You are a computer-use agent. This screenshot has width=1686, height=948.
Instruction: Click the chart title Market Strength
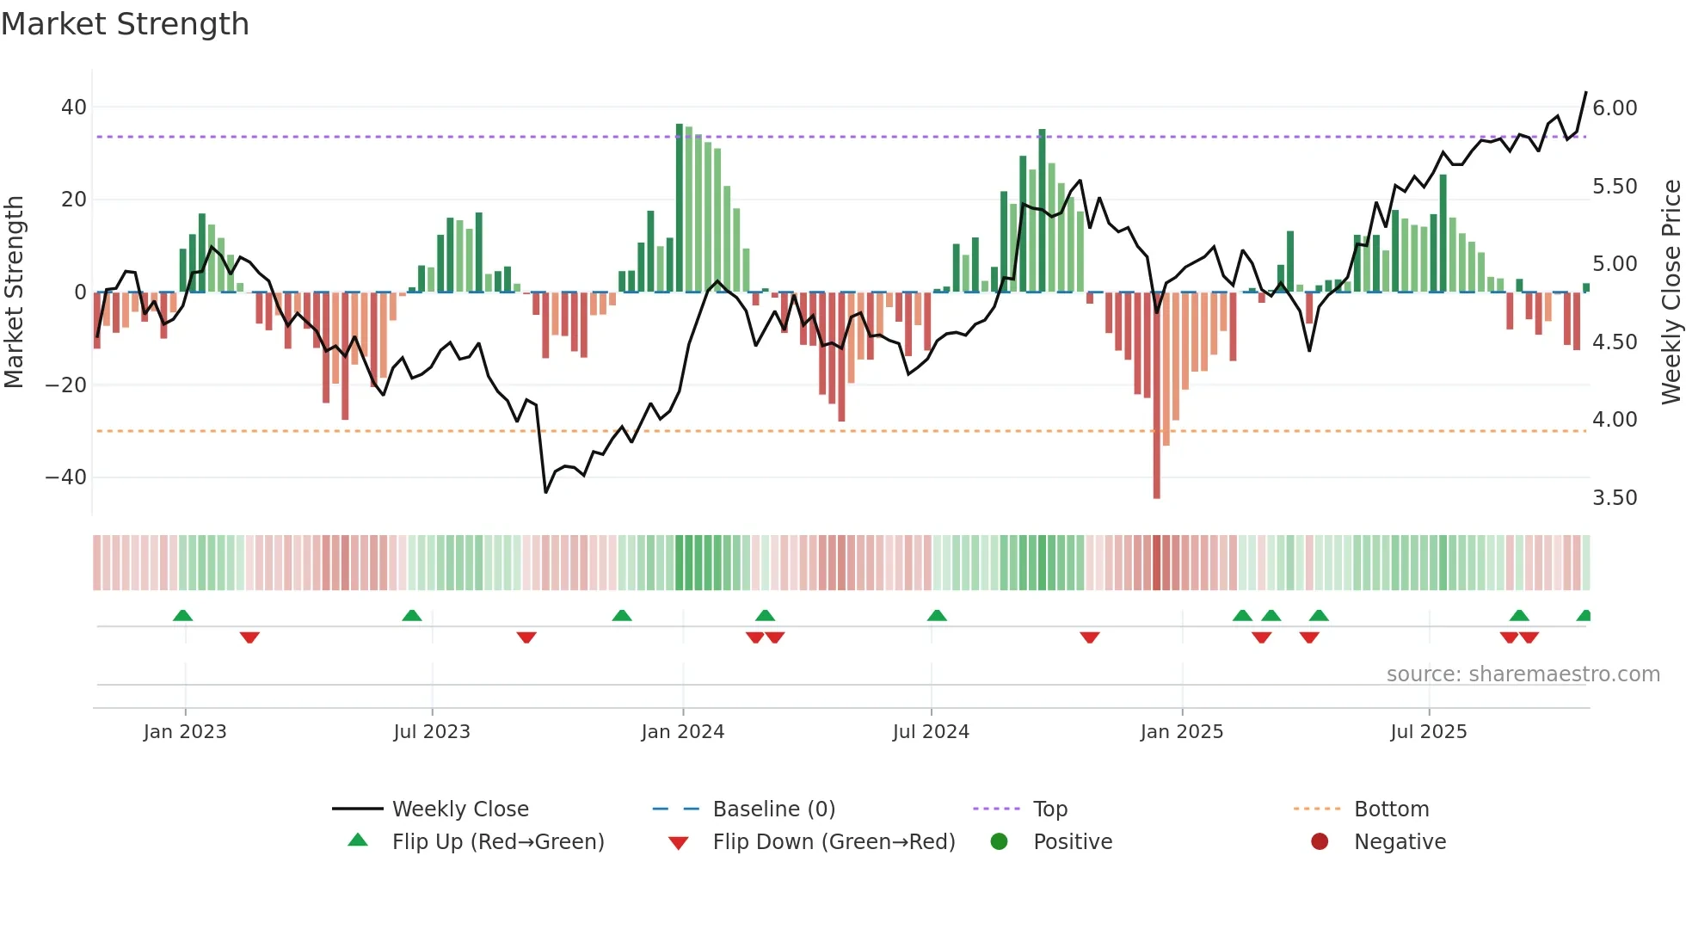125,24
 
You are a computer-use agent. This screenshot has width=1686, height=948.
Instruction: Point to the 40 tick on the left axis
74,108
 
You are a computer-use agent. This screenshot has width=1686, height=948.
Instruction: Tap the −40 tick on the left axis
66,477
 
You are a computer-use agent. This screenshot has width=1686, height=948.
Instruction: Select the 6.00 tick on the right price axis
1615,108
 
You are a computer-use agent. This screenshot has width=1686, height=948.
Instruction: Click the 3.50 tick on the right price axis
1615,498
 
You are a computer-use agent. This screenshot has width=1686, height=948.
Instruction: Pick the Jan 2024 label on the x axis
683,732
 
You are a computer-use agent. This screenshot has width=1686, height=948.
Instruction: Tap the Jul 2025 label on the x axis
1429,732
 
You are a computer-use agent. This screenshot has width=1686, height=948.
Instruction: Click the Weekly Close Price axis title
1671,292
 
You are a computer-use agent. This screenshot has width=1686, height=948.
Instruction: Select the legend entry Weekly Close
460,809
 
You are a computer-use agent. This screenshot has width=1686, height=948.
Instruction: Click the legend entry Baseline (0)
773,809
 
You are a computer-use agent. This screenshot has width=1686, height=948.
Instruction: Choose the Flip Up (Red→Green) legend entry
498,842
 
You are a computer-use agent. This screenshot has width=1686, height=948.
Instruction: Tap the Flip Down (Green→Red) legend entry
834,842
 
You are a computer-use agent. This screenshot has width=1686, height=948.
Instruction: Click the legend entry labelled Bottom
1391,809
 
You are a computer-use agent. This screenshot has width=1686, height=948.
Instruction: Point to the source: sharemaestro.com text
1523,674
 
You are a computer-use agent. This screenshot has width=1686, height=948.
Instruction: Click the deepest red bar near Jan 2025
1156,396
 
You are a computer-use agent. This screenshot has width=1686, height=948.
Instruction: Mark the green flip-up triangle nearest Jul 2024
937,616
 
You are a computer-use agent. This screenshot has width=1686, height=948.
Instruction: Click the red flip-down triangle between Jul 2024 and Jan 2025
1090,637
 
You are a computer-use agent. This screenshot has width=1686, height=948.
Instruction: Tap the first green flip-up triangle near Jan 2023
182,616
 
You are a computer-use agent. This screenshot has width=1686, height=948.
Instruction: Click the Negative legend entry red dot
1320,842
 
